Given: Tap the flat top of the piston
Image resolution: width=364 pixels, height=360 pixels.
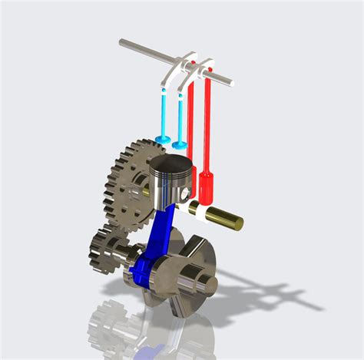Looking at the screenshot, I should tap(169, 164).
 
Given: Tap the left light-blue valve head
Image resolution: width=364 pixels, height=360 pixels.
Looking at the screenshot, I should tap(163, 139).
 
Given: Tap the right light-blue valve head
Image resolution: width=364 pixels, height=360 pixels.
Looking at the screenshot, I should tap(180, 144).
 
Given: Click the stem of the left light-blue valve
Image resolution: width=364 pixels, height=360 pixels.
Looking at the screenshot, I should tap(165, 111).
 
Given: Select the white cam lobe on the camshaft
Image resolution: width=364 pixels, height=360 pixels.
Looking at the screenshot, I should tap(194, 207).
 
